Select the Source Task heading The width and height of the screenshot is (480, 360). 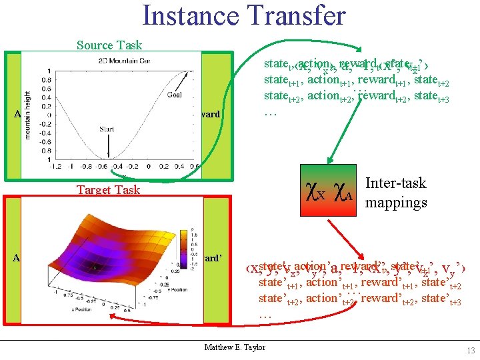[109, 45]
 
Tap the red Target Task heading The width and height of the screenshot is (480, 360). [108, 190]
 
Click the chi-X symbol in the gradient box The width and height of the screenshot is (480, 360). [316, 193]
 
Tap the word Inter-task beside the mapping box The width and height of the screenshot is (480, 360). [396, 183]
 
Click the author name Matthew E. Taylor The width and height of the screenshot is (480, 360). [234, 347]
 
